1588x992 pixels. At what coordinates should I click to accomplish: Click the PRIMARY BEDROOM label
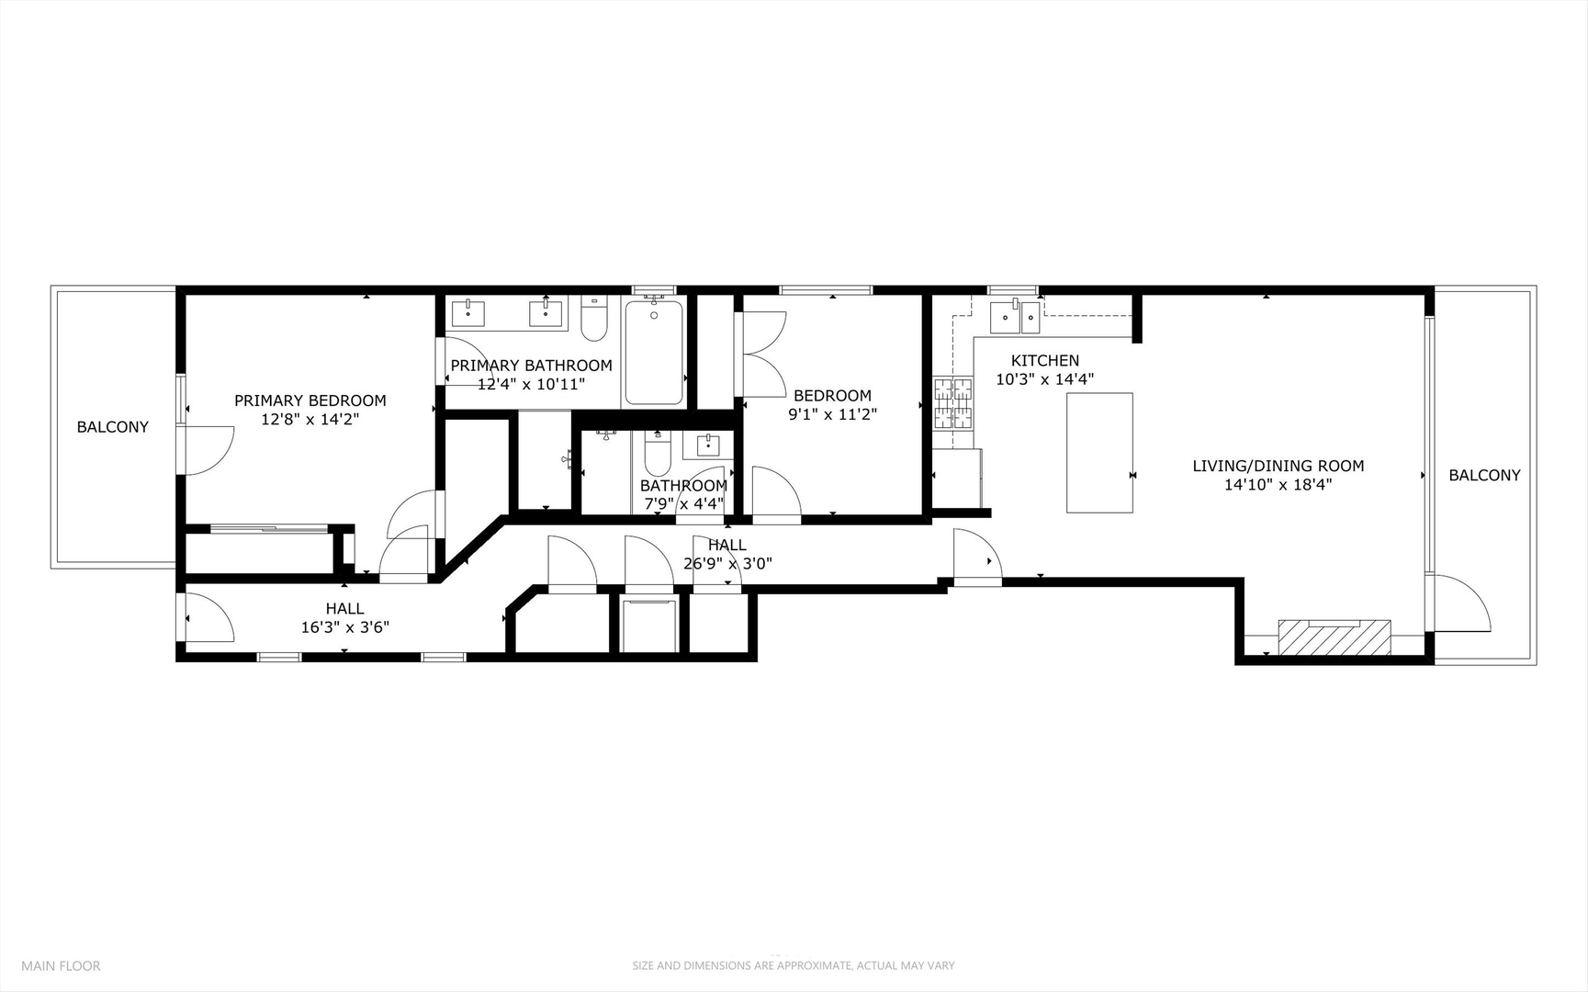pyautogui.click(x=310, y=400)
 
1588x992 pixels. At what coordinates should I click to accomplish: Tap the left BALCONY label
pyautogui.click(x=112, y=427)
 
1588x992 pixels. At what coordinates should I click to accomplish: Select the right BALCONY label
pyautogui.click(x=1484, y=475)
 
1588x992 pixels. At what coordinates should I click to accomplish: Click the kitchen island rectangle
pyautogui.click(x=1098, y=453)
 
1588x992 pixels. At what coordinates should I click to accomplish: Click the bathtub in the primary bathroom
pyautogui.click(x=654, y=353)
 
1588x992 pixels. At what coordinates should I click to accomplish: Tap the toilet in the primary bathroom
pyautogui.click(x=594, y=318)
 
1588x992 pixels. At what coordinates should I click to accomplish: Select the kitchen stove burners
pyautogui.click(x=953, y=404)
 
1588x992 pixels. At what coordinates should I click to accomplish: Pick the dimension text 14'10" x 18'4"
pyautogui.click(x=1278, y=485)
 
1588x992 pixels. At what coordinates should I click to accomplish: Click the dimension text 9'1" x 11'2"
pyautogui.click(x=832, y=414)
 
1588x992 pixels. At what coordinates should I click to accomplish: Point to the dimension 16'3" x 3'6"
pyautogui.click(x=344, y=627)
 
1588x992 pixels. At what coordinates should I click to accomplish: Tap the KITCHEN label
pyautogui.click(x=1045, y=361)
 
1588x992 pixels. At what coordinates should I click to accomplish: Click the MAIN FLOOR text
pyautogui.click(x=61, y=965)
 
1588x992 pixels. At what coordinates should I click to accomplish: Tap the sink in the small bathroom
pyautogui.click(x=708, y=446)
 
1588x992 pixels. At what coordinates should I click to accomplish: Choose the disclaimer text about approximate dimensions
pyautogui.click(x=793, y=965)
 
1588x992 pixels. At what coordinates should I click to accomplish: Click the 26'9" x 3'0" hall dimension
pyautogui.click(x=727, y=564)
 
